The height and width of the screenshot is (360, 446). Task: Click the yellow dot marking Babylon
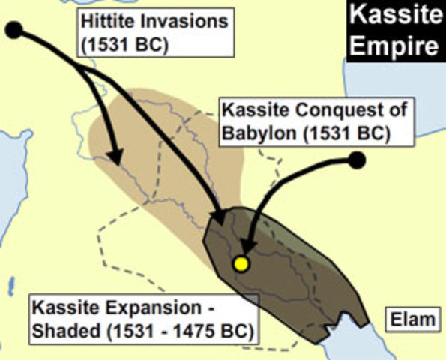(241, 264)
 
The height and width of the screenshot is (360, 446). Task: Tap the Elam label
(412, 320)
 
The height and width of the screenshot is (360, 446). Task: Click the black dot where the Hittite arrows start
(15, 31)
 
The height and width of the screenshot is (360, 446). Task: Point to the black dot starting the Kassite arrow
(357, 159)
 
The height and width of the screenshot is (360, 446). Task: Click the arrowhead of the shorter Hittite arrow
(114, 157)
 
